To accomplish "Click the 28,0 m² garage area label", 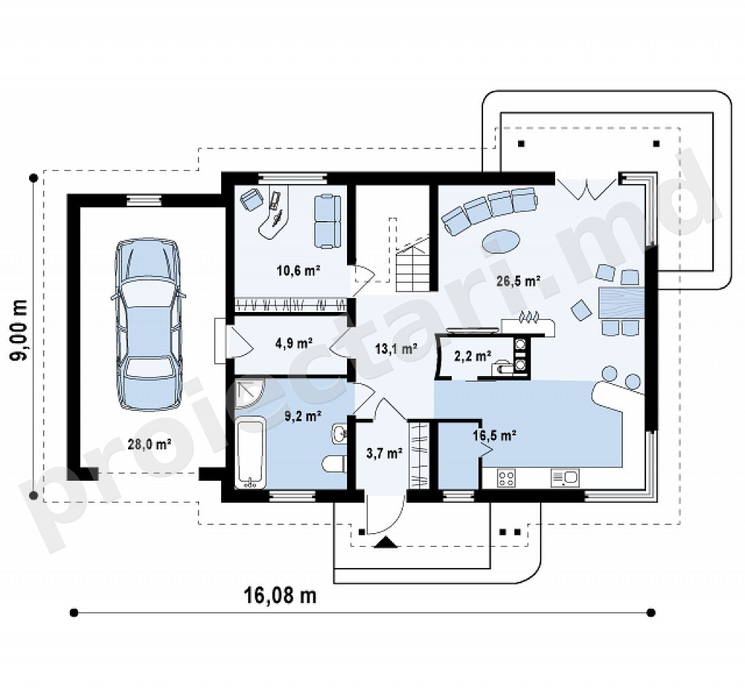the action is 149,444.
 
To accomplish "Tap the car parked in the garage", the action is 147,324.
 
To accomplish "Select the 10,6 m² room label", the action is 298,271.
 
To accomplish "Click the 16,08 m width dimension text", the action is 280,595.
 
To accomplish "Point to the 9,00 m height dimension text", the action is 20,331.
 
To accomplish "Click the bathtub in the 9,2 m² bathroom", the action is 252,453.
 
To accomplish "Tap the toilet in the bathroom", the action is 335,464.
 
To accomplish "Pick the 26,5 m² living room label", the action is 519,281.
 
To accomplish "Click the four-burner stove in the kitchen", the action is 506,478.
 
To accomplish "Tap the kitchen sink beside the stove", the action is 565,478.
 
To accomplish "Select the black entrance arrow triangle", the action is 386,542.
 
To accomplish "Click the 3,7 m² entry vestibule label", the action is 385,453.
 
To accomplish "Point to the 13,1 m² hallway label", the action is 397,349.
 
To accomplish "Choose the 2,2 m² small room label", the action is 473,356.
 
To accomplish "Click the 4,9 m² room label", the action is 294,342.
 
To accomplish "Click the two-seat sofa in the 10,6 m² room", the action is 327,220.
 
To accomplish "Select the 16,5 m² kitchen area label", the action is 495,435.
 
